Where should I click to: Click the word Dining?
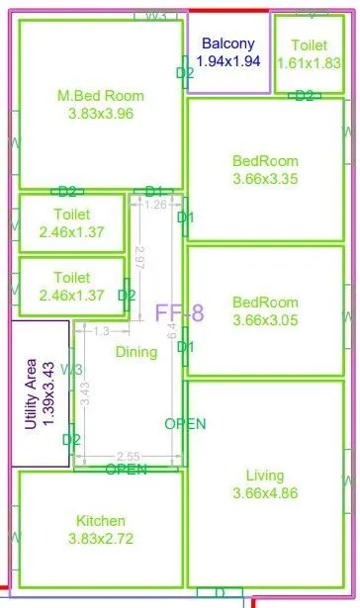pos(135,352)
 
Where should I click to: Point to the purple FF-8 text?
pos(179,314)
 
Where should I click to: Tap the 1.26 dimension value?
pos(155,206)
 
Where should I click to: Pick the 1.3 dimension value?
pos(101,331)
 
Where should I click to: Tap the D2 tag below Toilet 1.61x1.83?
pos(304,95)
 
